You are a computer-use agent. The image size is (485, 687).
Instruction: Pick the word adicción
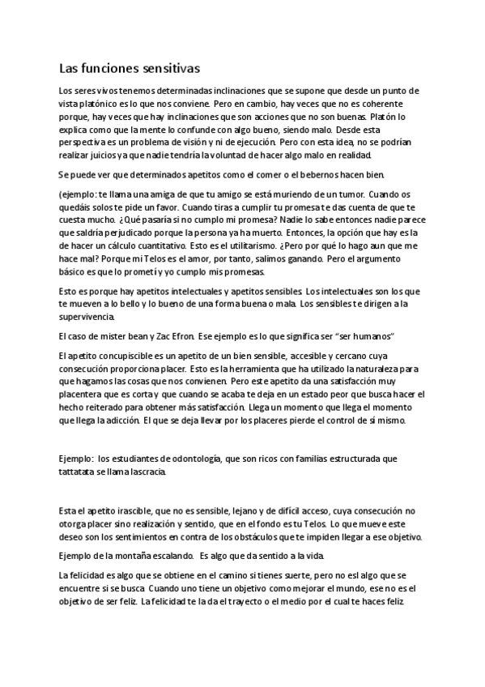117,421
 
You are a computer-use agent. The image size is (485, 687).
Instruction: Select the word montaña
130,556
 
